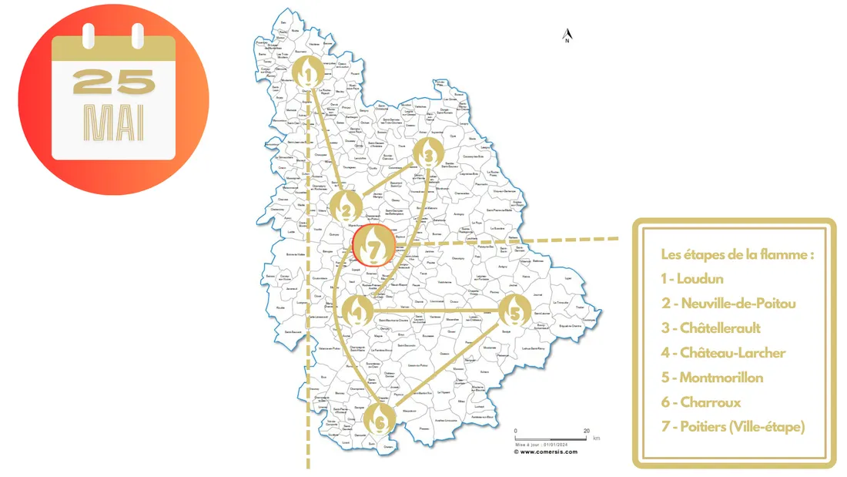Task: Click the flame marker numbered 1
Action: [x=308, y=72]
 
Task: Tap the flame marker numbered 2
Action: [x=347, y=207]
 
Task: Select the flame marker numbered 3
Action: [x=428, y=154]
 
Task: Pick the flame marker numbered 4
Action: [x=356, y=311]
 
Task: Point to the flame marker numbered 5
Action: [x=514, y=311]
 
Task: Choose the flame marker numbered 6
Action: [x=379, y=418]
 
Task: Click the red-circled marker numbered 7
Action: [x=373, y=247]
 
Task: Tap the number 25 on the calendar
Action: [x=114, y=82]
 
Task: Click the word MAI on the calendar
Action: [x=114, y=123]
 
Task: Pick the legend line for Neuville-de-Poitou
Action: [x=728, y=304]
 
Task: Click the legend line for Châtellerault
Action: [x=710, y=328]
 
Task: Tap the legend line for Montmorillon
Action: [x=711, y=378]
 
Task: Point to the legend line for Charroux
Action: [x=698, y=402]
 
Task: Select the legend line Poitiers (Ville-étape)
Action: [x=732, y=427]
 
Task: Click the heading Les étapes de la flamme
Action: [x=737, y=254]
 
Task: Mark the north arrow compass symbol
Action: [x=567, y=35]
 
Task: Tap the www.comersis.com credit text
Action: [x=548, y=452]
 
